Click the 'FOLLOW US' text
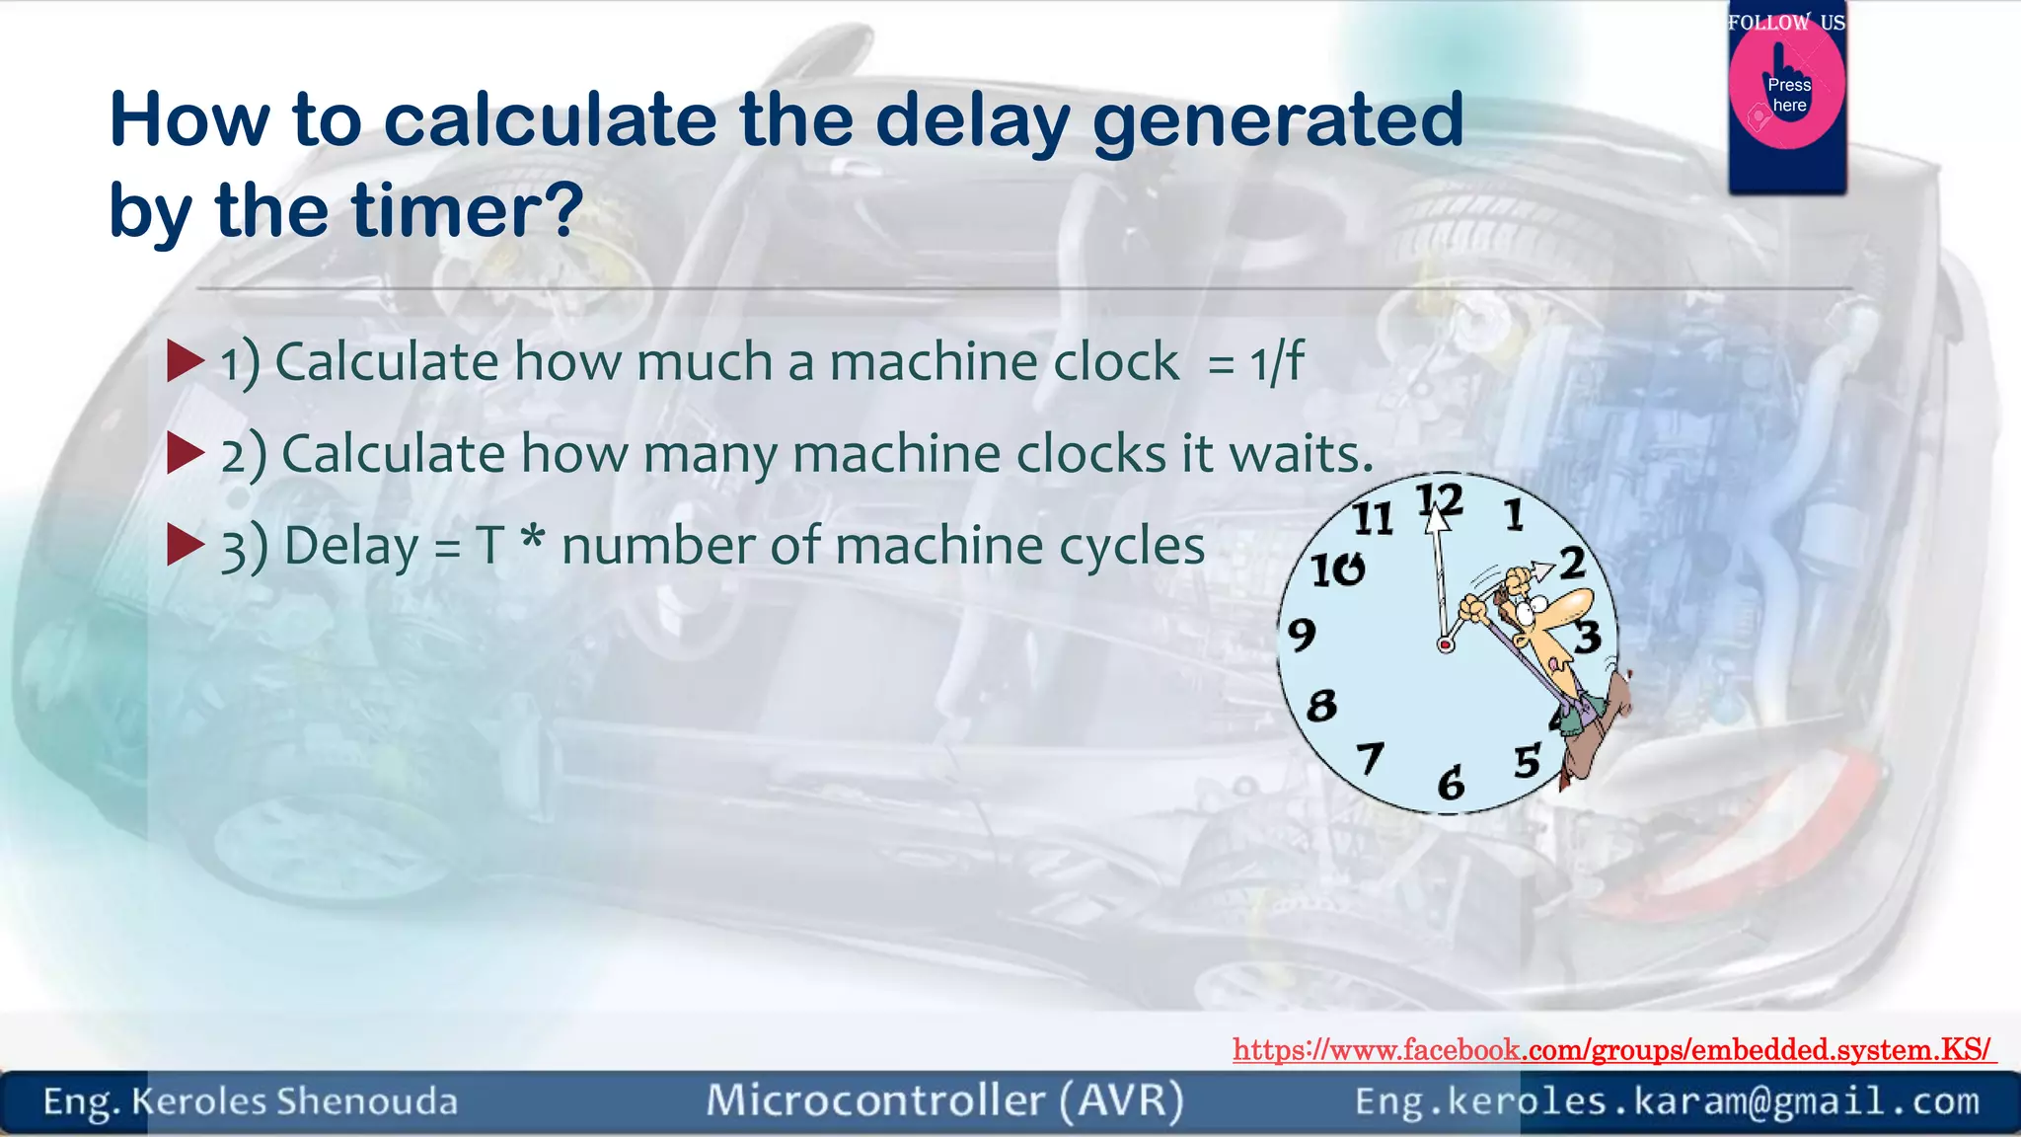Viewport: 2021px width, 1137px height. (1786, 22)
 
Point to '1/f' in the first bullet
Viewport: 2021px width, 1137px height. (1277, 361)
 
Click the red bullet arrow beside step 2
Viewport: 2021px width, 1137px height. (186, 453)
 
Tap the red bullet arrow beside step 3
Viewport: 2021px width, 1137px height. (186, 545)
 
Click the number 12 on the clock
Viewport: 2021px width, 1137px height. (1440, 500)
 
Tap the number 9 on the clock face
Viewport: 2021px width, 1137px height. (1302, 634)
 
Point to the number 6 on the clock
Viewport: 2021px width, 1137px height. (1451, 784)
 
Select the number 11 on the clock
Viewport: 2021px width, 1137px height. (1372, 518)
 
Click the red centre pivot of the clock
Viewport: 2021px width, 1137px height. (1446, 644)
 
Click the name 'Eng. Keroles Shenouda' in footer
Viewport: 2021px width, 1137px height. (251, 1101)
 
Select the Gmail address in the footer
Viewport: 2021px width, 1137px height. (1667, 1101)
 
